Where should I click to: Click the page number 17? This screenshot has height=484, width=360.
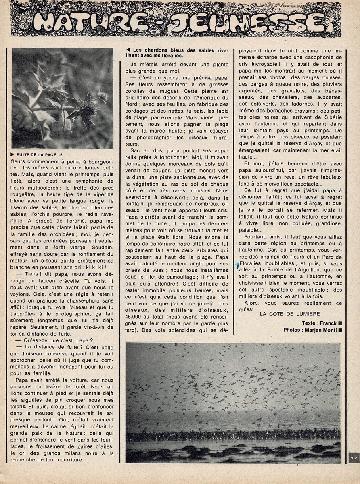click(353, 458)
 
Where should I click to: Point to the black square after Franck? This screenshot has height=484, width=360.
click(340, 323)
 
